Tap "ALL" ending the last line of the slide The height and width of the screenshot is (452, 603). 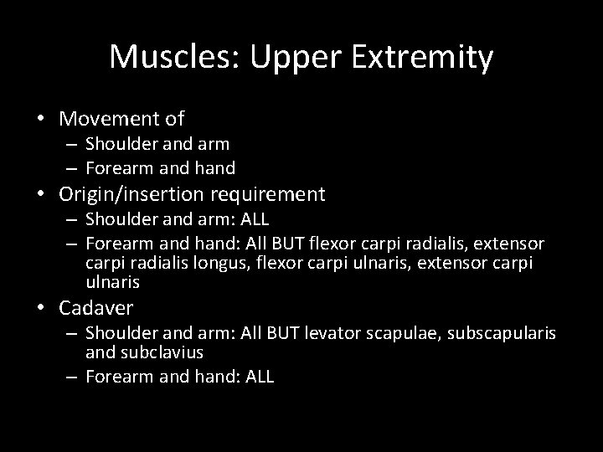click(x=260, y=377)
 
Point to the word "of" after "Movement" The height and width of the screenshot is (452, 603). click(x=174, y=120)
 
